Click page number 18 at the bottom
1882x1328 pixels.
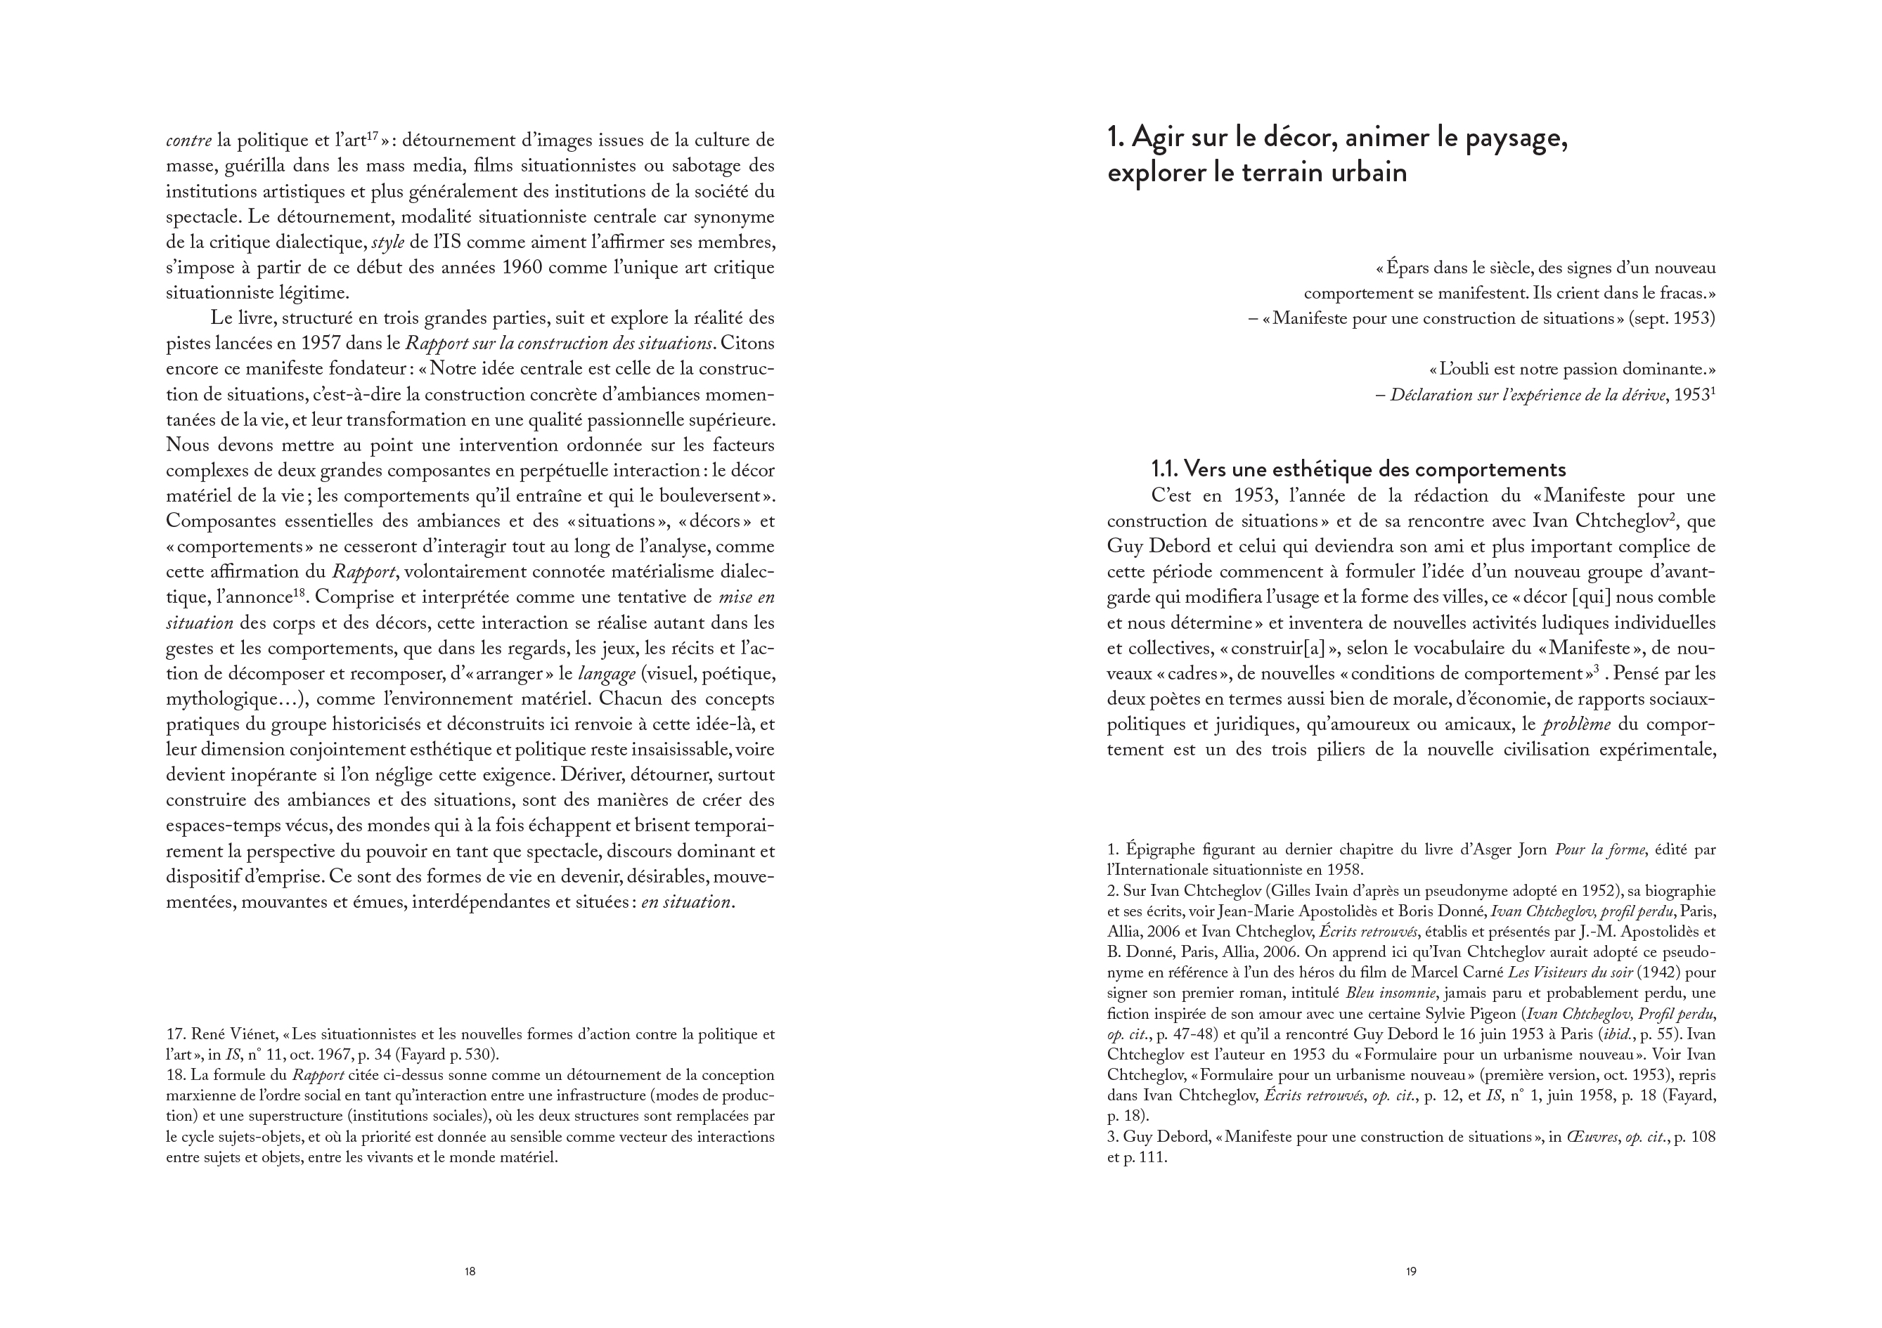pos(470,1272)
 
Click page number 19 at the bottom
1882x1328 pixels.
pos(1411,1272)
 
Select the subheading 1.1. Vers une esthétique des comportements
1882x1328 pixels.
pos(1358,469)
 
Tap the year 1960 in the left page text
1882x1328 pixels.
pos(520,268)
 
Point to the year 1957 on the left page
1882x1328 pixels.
pos(335,344)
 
